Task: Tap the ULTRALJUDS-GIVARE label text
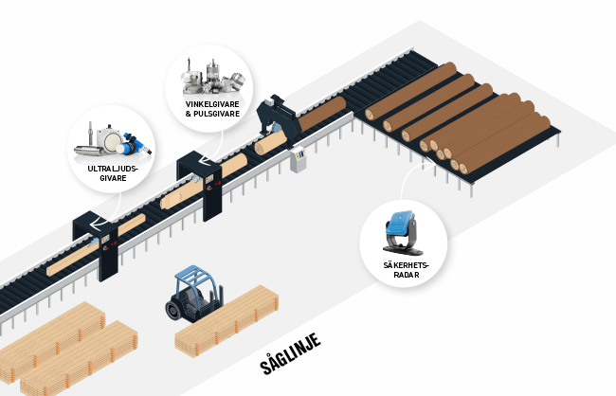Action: [111, 173]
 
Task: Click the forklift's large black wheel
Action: [177, 308]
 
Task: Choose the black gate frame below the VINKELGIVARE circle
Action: [200, 179]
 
